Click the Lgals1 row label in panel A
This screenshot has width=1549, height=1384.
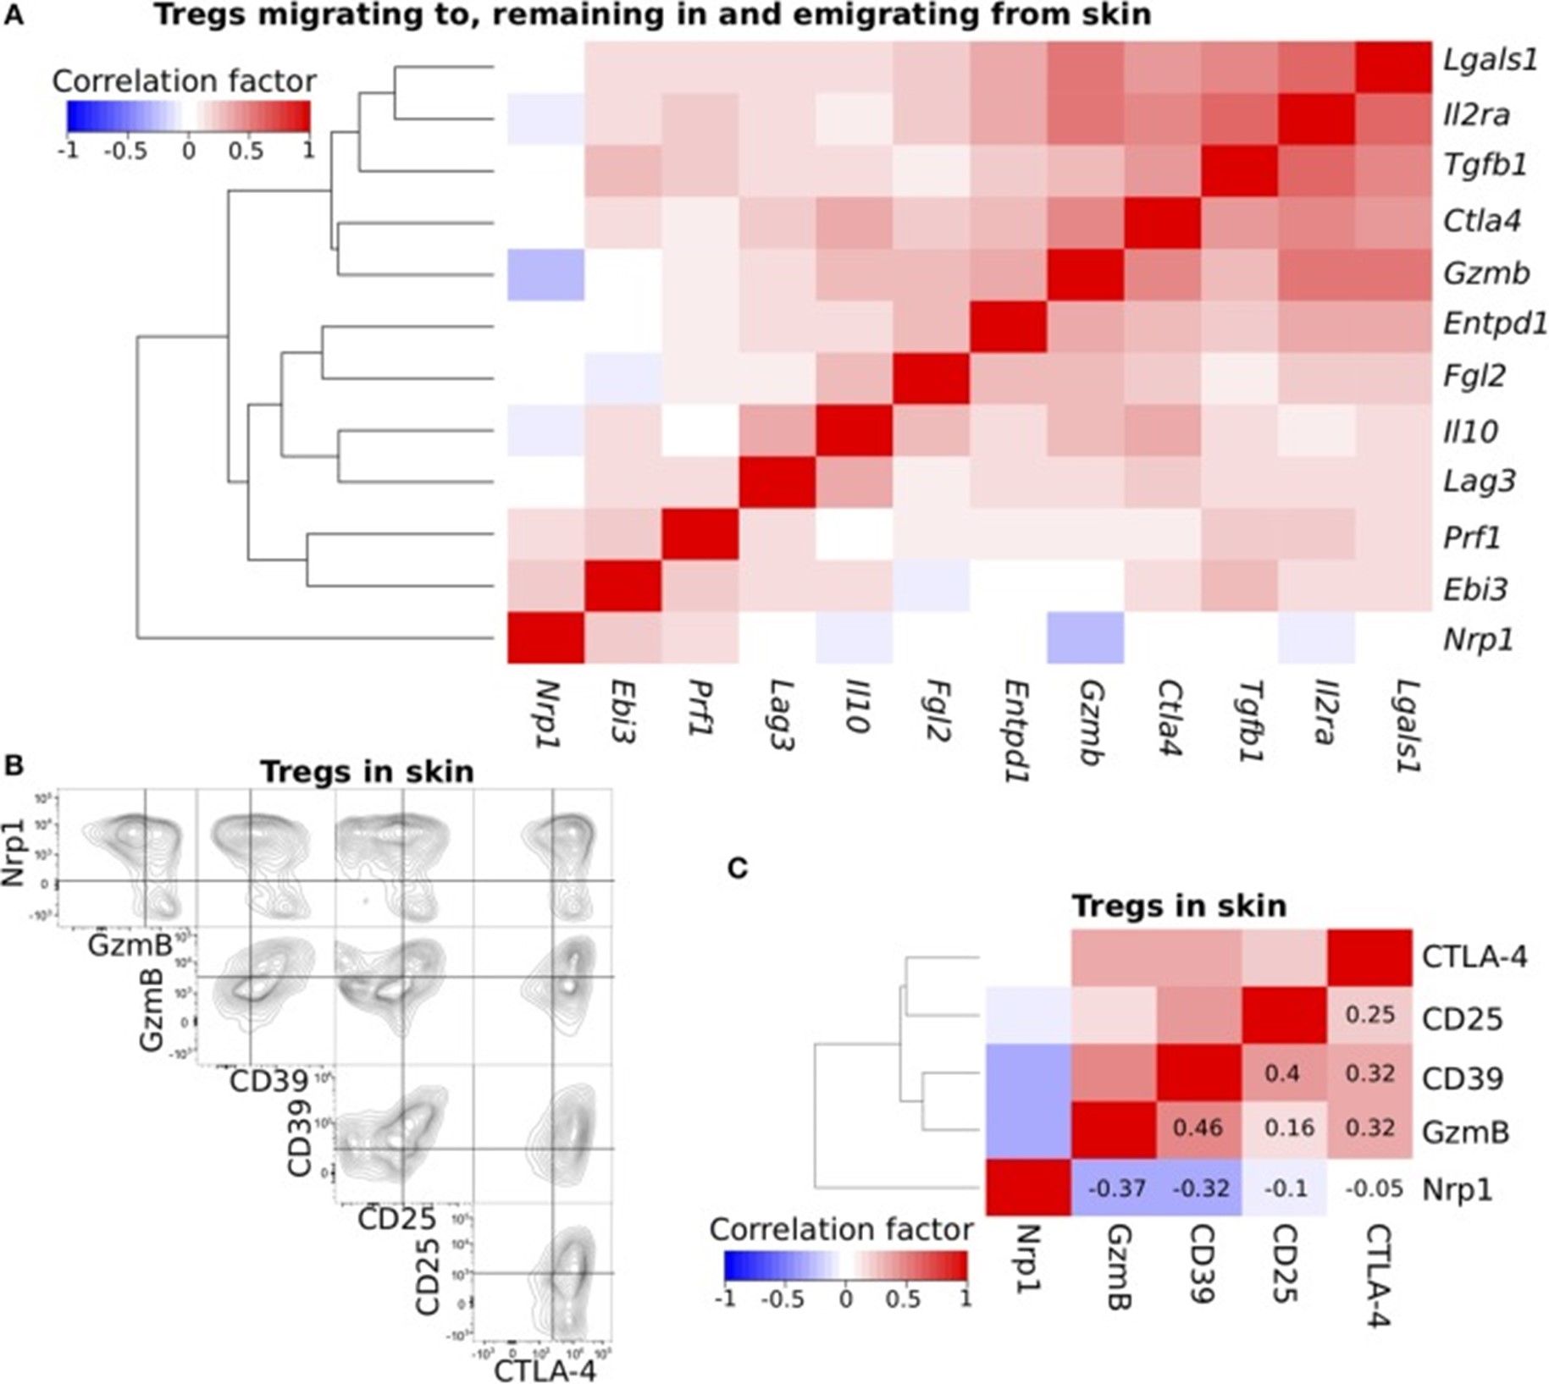tap(1490, 61)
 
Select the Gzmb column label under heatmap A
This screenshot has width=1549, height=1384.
tap(1087, 724)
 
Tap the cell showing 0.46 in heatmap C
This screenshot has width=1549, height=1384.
tap(1198, 1128)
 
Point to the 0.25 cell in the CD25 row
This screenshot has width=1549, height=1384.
tap(1369, 1014)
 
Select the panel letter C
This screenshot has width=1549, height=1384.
tap(738, 868)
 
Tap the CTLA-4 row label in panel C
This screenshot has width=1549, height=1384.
tap(1474, 957)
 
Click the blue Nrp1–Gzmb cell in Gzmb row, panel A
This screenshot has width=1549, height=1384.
tap(545, 275)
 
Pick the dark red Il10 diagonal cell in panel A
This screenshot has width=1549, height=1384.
tap(854, 431)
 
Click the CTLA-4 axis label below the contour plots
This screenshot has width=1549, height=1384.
tap(545, 1370)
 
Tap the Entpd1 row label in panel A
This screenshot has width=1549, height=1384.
tap(1495, 323)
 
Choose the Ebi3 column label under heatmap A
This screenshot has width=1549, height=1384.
tap(624, 710)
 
